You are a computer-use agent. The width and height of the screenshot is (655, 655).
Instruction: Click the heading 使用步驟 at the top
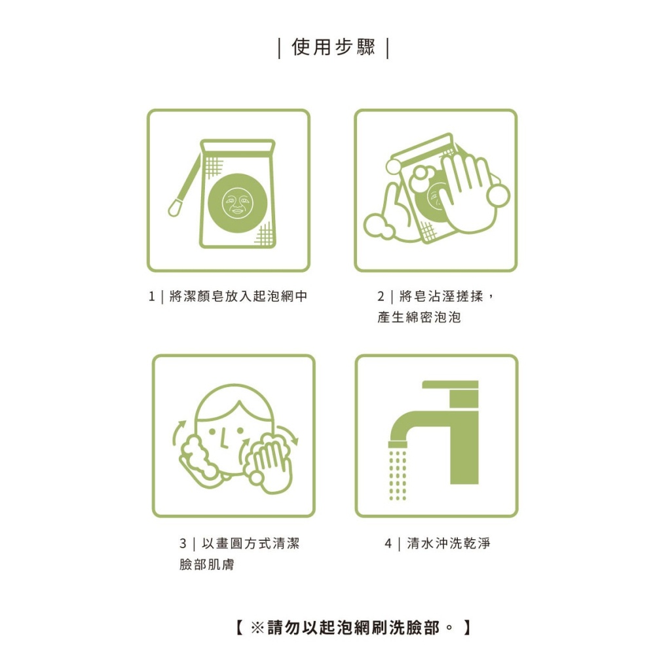(333, 48)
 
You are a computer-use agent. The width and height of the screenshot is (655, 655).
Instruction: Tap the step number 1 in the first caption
(152, 297)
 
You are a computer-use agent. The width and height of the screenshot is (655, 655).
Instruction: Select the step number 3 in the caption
(183, 544)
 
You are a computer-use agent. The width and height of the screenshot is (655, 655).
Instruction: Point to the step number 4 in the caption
(388, 544)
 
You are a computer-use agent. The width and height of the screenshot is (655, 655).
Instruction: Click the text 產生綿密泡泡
(419, 318)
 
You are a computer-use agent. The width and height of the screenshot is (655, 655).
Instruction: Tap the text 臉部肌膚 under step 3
(206, 565)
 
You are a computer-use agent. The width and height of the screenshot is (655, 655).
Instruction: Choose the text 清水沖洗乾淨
(448, 544)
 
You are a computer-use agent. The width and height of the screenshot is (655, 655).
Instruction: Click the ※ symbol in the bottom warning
(257, 627)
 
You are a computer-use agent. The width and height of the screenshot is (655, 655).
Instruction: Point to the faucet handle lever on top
(450, 384)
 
